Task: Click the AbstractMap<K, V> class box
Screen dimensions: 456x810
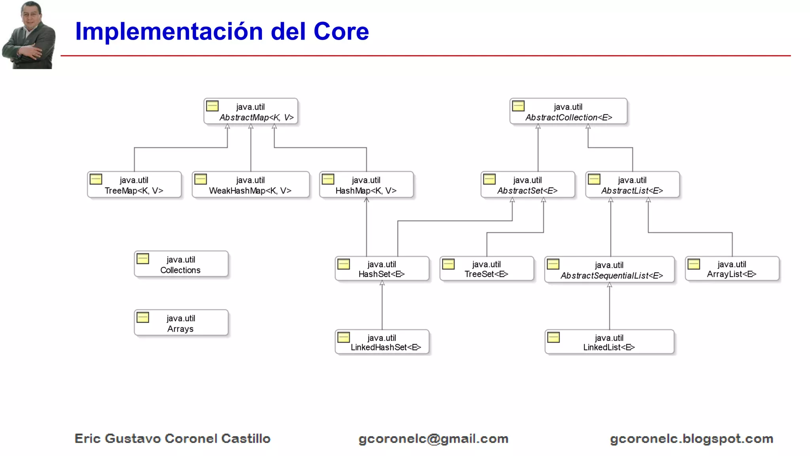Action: click(251, 112)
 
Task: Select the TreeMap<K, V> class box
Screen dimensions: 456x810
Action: click(134, 185)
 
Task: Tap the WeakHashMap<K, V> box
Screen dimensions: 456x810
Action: click(250, 185)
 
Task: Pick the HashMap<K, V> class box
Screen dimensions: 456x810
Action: click(366, 185)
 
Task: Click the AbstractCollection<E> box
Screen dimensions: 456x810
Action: click(568, 112)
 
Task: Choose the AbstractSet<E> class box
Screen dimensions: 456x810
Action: click(528, 185)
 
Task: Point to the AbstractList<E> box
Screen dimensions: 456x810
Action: click(632, 185)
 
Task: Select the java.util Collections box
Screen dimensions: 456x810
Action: click(181, 264)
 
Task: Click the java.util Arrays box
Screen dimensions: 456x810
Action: click(181, 323)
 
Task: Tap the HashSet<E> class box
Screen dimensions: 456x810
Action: click(382, 269)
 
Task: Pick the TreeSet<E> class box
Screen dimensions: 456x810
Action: click(486, 269)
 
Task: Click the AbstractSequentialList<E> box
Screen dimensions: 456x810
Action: click(609, 270)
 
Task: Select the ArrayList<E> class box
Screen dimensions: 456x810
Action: click(732, 269)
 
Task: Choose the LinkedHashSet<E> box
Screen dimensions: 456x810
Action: click(382, 342)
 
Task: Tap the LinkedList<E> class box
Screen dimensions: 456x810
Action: click(609, 342)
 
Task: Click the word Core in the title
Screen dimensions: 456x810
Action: click(341, 31)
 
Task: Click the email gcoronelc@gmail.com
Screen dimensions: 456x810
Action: click(433, 439)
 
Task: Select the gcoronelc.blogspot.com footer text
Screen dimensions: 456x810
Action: click(691, 439)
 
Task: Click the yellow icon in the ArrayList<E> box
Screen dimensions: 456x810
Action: click(694, 264)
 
